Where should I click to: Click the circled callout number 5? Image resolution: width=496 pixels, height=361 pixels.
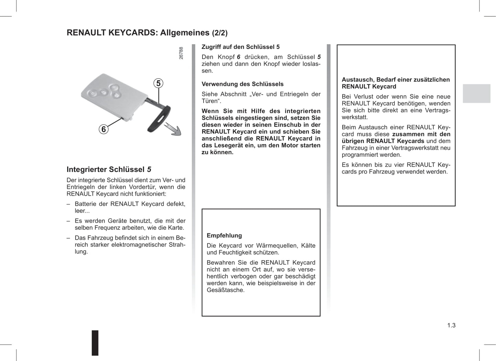tap(158, 83)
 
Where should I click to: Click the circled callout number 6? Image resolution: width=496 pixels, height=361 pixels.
tap(103, 129)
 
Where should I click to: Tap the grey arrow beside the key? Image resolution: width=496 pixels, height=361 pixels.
tap(173, 129)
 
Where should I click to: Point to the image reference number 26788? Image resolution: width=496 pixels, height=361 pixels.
tap(181, 53)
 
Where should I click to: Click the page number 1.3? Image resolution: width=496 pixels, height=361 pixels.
tap(451, 325)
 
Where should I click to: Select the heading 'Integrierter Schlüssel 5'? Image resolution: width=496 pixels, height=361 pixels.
tap(109, 169)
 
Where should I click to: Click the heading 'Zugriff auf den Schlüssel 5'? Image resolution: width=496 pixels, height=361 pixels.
tap(240, 47)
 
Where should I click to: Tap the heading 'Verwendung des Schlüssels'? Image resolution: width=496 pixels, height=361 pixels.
tap(242, 84)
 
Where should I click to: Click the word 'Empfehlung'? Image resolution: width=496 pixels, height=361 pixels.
tap(224, 236)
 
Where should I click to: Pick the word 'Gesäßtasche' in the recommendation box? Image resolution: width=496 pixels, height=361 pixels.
tap(225, 290)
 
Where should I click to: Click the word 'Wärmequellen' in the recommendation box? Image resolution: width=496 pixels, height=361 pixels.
tap(277, 246)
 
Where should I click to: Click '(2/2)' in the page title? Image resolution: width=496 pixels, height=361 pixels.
tap(220, 33)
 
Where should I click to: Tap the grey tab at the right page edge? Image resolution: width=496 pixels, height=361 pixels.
tap(476, 93)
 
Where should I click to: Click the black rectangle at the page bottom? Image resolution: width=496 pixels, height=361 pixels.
tap(95, 342)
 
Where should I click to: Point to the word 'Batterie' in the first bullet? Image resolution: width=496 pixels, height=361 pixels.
tap(85, 204)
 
